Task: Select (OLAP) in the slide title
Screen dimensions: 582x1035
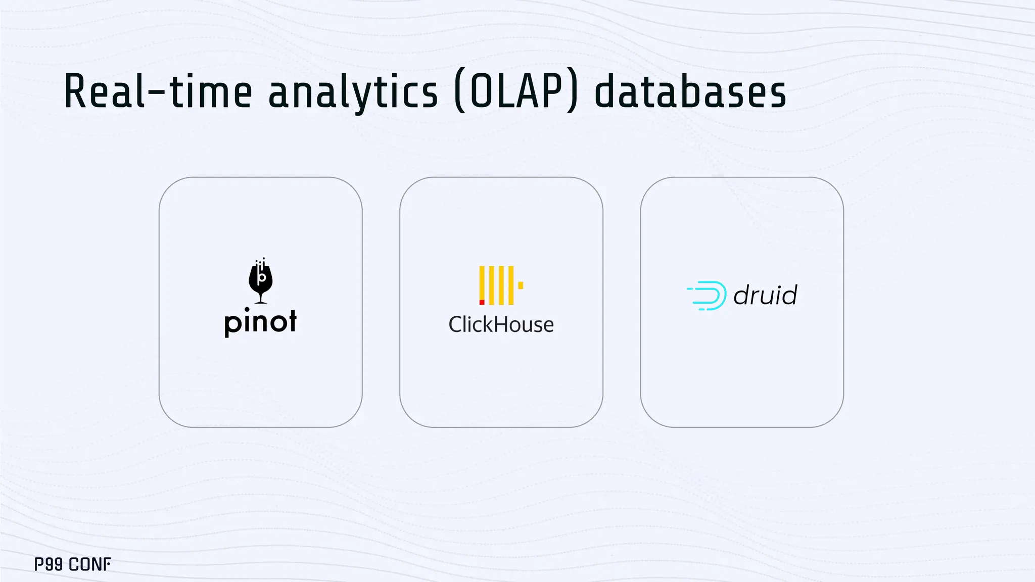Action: pyautogui.click(x=515, y=92)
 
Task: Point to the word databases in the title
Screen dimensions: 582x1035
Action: pyautogui.click(x=690, y=92)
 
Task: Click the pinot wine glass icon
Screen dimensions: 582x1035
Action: pyautogui.click(x=261, y=281)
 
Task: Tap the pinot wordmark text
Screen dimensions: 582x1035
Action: pyautogui.click(x=261, y=322)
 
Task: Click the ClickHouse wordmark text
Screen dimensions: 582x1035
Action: pyautogui.click(x=501, y=325)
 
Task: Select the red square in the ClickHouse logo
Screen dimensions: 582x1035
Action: pyautogui.click(x=482, y=302)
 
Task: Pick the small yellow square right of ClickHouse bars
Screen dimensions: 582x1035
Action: pyautogui.click(x=521, y=285)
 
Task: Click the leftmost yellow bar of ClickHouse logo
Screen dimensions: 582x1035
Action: pyautogui.click(x=482, y=283)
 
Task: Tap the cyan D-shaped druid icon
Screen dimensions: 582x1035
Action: pyautogui.click(x=708, y=296)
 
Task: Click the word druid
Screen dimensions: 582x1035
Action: pyautogui.click(x=765, y=295)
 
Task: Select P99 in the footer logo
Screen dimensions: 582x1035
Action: pyautogui.click(x=49, y=564)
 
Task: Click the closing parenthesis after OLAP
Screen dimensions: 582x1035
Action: pyautogui.click(x=572, y=92)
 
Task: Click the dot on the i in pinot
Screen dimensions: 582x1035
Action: pyautogui.click(x=247, y=309)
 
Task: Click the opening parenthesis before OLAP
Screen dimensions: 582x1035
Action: pyautogui.click(x=460, y=92)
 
